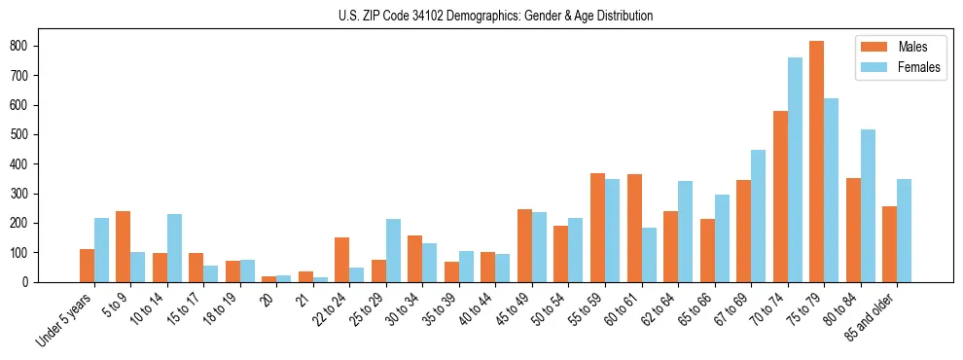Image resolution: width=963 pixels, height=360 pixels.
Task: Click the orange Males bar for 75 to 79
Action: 816,162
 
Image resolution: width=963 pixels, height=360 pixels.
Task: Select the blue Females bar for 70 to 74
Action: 795,170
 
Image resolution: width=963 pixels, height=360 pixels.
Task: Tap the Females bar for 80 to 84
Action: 868,205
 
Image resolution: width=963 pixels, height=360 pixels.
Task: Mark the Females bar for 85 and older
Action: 904,231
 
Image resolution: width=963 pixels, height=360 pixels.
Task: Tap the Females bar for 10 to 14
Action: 174,248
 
